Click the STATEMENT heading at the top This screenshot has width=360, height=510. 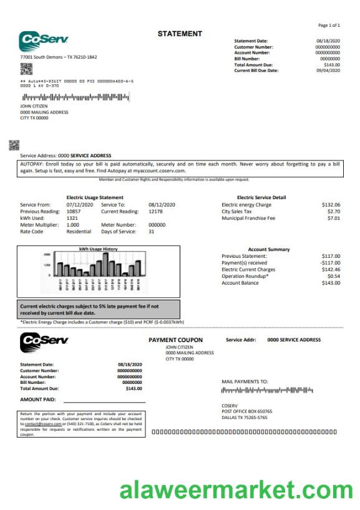pos(180,34)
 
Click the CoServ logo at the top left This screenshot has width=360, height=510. pos(44,41)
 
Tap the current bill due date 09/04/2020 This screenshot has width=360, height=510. pos(328,71)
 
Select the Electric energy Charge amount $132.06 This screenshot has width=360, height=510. pos(331,205)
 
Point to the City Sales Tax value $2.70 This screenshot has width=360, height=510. pos(334,212)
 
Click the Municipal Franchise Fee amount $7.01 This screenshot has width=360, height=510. pos(334,218)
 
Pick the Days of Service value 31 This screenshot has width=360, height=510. pos(151,232)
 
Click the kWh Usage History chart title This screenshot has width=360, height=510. pos(98,249)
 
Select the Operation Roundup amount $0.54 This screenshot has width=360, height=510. pos(334,276)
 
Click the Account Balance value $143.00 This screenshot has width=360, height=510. pos(331,283)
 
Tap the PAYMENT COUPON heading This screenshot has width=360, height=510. pos(175,340)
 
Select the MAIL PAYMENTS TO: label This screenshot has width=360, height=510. pos(245,381)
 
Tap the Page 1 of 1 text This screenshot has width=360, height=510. pos(329,26)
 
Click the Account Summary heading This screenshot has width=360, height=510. pos(269,249)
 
